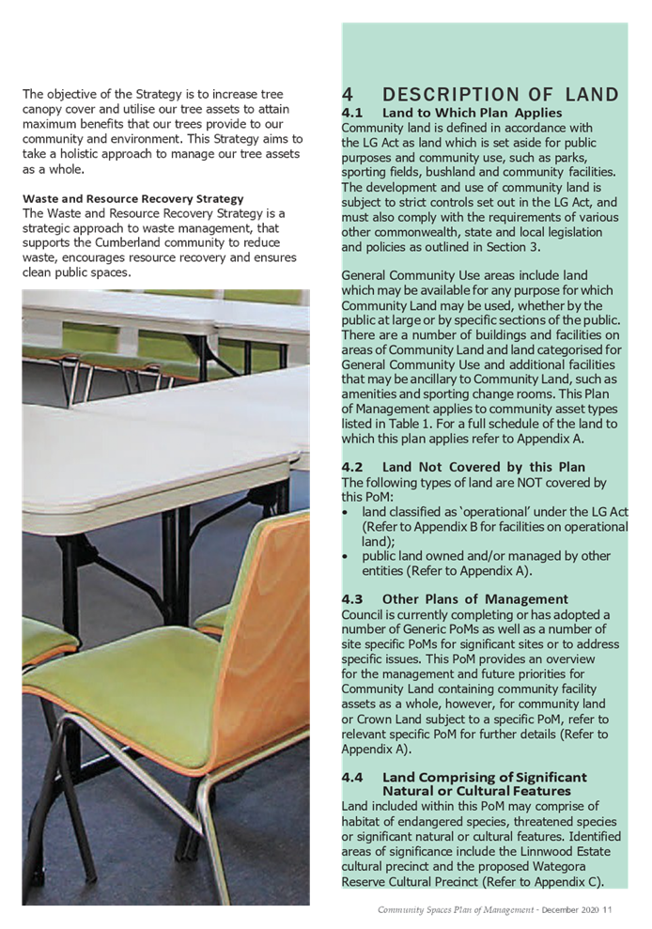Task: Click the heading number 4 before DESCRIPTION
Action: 348,95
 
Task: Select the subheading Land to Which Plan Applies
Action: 472,113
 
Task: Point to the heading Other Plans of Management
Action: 474,598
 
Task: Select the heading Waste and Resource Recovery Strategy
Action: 132,199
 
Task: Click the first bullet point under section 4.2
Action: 347,512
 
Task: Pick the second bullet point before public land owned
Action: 347,556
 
